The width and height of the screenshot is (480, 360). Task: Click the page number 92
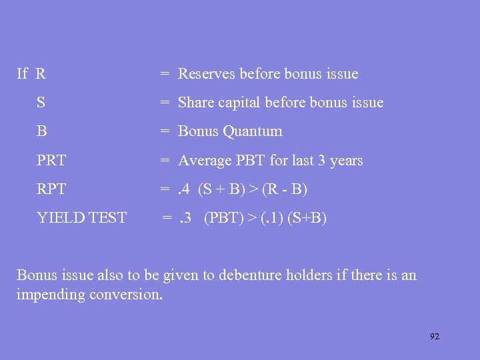435,337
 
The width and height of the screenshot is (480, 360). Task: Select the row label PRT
51,161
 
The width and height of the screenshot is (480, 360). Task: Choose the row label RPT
51,189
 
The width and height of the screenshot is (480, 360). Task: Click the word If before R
22,74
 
